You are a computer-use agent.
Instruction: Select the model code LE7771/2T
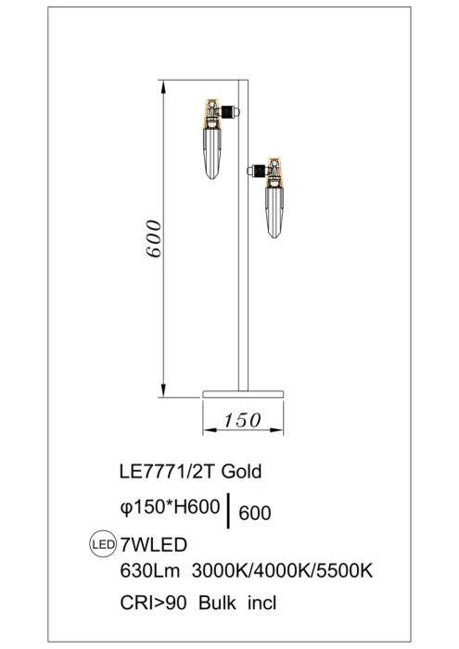point(159,470)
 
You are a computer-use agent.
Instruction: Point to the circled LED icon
point(99,543)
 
